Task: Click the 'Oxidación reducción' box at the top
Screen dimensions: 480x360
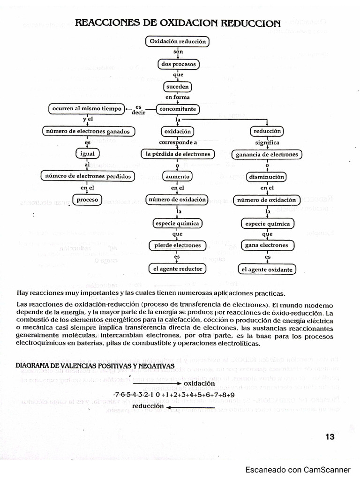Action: [x=178, y=42]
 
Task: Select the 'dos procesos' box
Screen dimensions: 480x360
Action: [x=178, y=64]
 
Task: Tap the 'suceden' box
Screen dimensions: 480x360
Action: [x=178, y=87]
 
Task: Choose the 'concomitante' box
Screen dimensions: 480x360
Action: [x=178, y=110]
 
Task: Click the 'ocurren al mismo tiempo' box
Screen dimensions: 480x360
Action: [x=87, y=109]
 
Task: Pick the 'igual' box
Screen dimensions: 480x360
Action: [x=87, y=154]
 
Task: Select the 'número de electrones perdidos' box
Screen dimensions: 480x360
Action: [x=87, y=176]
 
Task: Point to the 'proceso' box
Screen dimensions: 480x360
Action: [x=87, y=200]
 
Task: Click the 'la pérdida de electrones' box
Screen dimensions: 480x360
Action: [x=178, y=154]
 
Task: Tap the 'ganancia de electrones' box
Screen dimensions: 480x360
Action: [x=267, y=154]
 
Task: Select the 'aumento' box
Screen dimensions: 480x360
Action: [x=178, y=177]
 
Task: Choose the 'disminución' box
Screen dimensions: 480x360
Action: [x=267, y=177]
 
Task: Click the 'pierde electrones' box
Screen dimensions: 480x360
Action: [x=178, y=245]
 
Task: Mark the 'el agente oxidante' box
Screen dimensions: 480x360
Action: [x=267, y=270]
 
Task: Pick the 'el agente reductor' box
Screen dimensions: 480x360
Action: [x=178, y=269]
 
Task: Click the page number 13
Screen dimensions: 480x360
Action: [x=330, y=437]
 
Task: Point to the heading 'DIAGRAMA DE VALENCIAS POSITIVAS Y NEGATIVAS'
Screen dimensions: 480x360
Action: [x=95, y=366]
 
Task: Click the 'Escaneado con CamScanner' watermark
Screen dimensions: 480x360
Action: [x=298, y=470]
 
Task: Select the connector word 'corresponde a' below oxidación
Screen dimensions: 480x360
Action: [x=178, y=142]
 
